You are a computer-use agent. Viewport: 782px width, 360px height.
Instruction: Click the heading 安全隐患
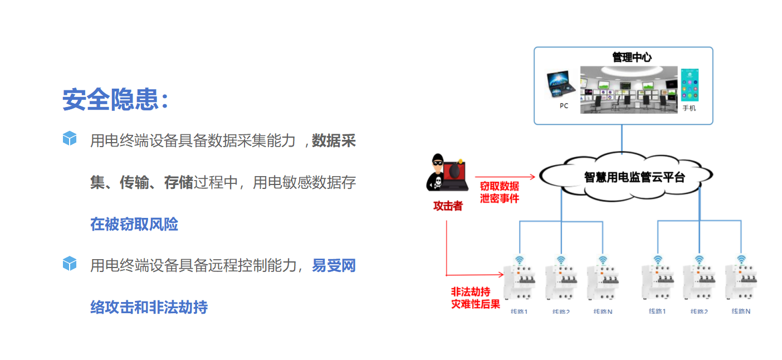pyautogui.click(x=114, y=100)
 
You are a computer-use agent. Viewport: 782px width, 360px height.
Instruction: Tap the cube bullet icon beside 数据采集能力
pyautogui.click(x=69, y=139)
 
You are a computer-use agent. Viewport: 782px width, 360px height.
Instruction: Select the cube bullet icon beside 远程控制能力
pyautogui.click(x=69, y=264)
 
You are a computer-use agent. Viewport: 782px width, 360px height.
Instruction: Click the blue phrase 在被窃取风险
pyautogui.click(x=134, y=224)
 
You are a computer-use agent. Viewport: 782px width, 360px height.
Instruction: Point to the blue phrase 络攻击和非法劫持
pyautogui.click(x=149, y=307)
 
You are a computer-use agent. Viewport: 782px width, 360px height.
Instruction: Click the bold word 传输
pyautogui.click(x=134, y=182)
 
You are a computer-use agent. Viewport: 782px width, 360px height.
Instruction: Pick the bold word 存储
pyautogui.click(x=178, y=182)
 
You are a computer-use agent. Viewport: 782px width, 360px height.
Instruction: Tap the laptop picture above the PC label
pyautogui.click(x=561, y=84)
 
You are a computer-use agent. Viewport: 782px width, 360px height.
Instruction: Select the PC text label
pyautogui.click(x=564, y=106)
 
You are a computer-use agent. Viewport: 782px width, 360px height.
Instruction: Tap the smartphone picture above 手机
pyautogui.click(x=689, y=85)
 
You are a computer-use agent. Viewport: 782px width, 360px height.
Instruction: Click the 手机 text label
pyautogui.click(x=689, y=108)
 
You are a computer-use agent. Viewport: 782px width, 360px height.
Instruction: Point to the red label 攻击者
pyautogui.click(x=448, y=206)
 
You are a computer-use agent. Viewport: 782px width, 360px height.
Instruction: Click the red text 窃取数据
pyautogui.click(x=499, y=186)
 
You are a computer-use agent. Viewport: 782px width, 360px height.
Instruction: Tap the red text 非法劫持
pyautogui.click(x=470, y=291)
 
